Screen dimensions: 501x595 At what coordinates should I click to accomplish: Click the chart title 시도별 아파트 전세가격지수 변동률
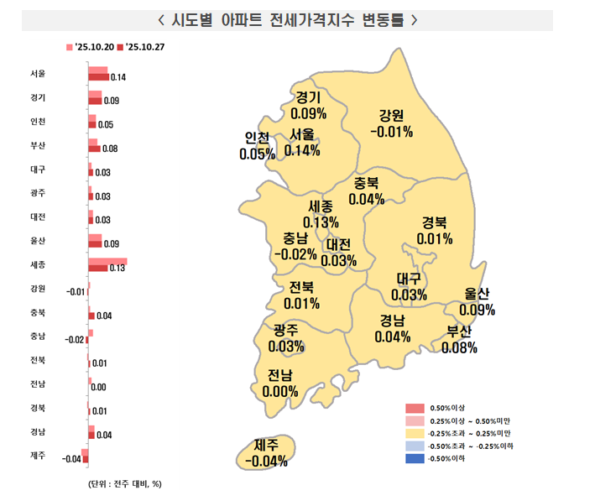287,19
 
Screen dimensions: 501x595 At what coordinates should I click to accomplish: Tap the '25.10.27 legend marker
122,46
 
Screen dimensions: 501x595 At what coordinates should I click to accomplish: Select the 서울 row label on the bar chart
37,73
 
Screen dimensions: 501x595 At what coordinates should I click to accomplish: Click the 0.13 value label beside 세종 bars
117,269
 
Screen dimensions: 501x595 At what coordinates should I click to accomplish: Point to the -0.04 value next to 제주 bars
71,459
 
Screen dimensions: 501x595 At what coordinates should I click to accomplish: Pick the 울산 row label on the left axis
37,241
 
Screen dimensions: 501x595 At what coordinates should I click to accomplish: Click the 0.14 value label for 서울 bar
117,78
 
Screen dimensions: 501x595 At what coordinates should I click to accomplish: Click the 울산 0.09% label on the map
478,301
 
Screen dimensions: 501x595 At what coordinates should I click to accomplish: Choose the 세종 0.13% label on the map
321,214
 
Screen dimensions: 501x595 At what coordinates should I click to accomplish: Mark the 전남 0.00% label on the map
280,383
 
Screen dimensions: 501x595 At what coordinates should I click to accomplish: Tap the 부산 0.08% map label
458,339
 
